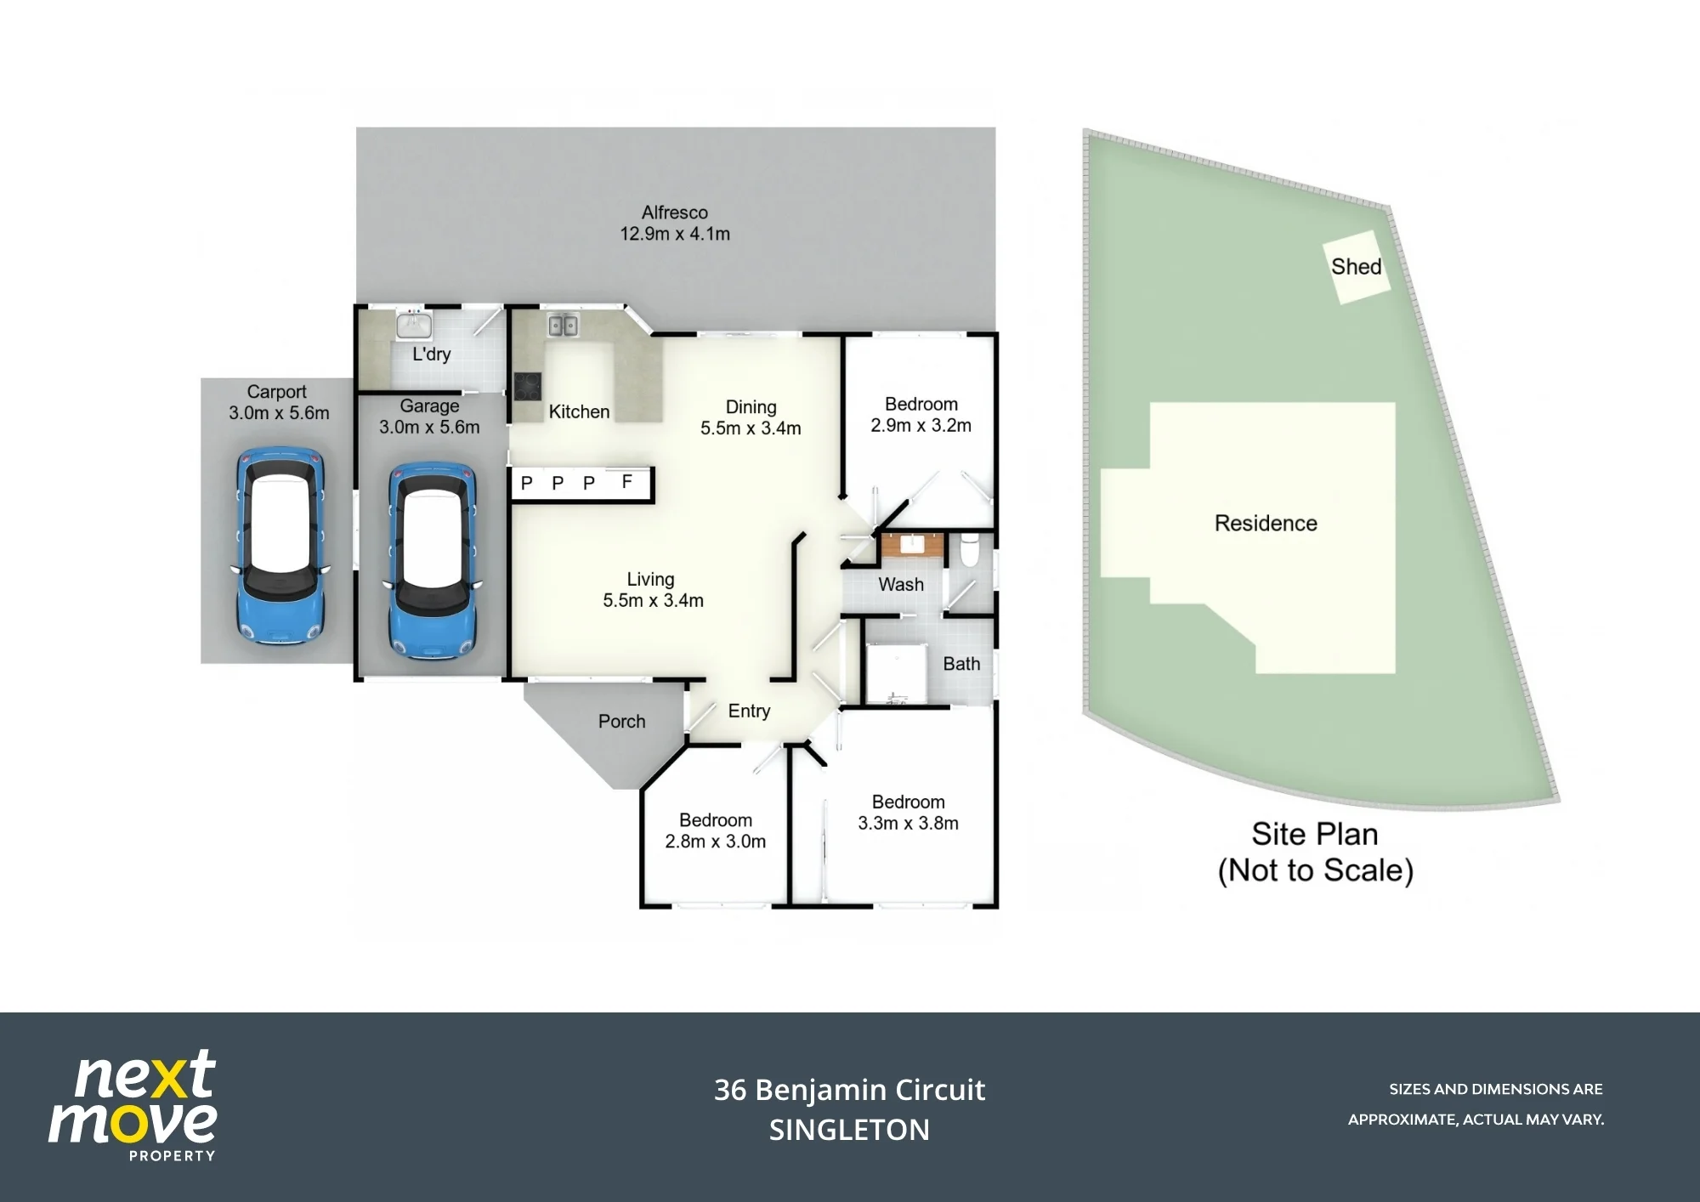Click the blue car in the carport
coord(280,546)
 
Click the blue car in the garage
coord(432,560)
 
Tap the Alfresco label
coord(675,213)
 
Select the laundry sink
coord(414,324)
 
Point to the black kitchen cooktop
coord(528,386)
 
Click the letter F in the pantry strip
coord(627,482)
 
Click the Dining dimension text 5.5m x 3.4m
coord(751,428)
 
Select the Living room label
coord(651,579)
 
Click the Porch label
coord(622,721)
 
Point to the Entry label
coord(749,711)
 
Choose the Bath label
coord(961,664)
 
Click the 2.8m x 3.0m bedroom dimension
coord(716,842)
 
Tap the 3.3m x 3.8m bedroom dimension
coord(908,823)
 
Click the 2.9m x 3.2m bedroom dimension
coord(921,425)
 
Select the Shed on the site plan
coord(1357,267)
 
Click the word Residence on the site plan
coord(1266,523)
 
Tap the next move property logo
coord(133,1106)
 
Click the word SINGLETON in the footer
coord(849,1130)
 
